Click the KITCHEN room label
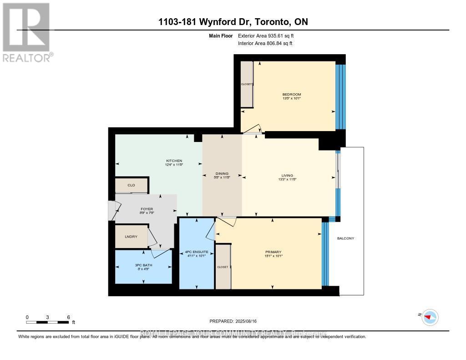[174, 161]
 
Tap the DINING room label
[222, 173]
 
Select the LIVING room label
[287, 175]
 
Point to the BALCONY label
[345, 238]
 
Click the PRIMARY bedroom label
[274, 252]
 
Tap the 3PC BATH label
[143, 266]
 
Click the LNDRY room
[131, 237]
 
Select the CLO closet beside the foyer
[131, 185]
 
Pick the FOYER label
[146, 209]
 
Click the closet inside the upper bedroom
[247, 84]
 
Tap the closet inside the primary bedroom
[223, 267]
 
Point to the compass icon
[429, 317]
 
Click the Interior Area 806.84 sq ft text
[265, 43]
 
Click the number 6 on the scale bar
[68, 317]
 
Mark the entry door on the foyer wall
[112, 210]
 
